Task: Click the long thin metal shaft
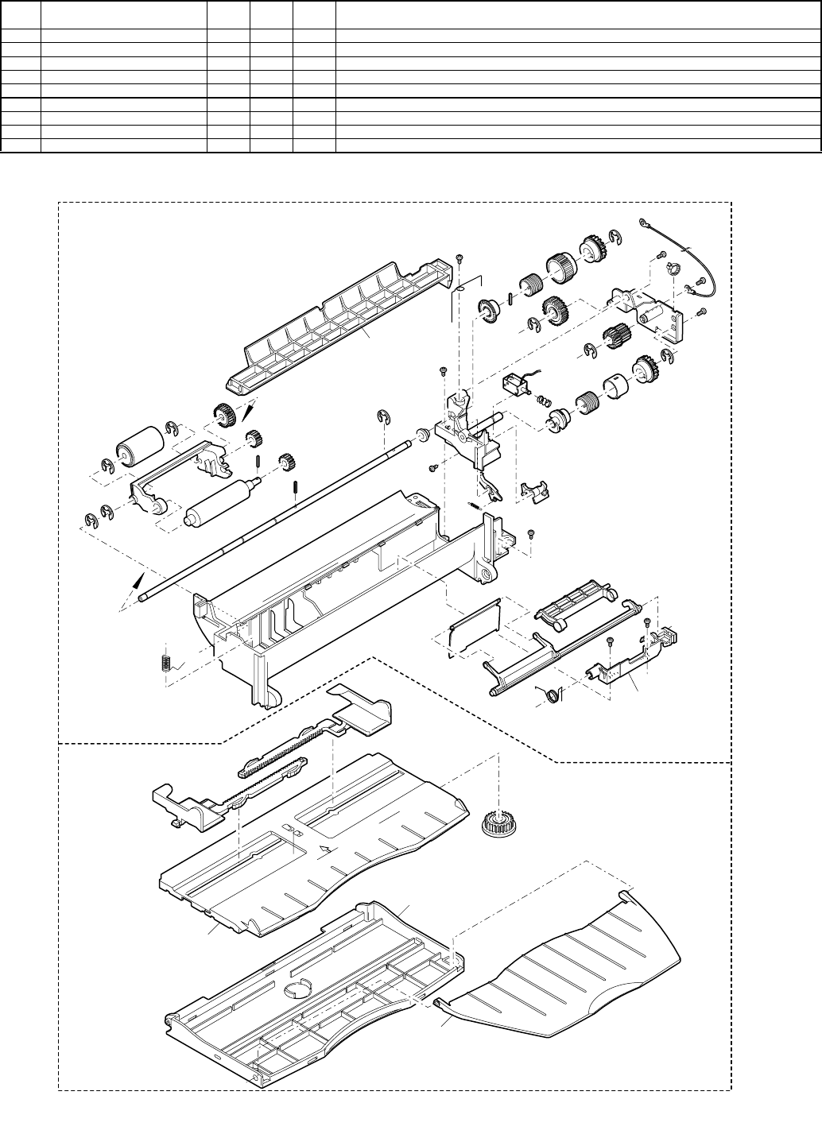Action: pyautogui.click(x=278, y=517)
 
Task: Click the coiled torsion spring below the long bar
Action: pyautogui.click(x=549, y=695)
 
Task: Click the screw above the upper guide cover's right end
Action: pyautogui.click(x=459, y=258)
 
